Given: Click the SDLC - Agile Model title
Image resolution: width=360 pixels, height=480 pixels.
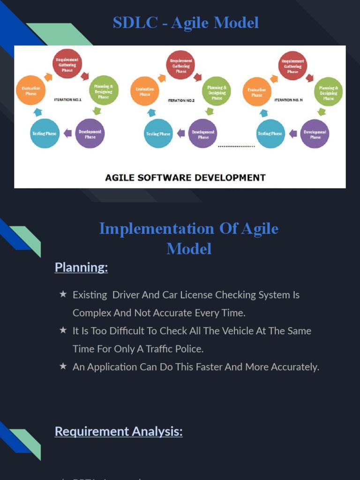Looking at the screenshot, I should (186, 22).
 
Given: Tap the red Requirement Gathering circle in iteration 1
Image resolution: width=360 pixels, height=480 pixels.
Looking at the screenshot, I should (67, 64).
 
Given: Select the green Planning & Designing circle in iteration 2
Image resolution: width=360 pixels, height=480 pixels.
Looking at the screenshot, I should (217, 91).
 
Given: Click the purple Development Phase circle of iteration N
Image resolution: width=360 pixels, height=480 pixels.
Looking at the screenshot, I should (315, 134).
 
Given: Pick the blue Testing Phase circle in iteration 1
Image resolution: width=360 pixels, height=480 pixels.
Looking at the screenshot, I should (45, 134).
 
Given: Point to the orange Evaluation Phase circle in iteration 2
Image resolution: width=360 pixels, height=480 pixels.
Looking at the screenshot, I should (145, 91).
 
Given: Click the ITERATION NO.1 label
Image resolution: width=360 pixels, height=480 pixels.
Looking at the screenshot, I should (68, 100).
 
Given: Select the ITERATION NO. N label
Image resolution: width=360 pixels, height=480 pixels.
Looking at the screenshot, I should (289, 100).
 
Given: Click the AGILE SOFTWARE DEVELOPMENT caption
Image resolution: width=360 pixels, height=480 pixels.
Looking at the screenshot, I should (185, 178).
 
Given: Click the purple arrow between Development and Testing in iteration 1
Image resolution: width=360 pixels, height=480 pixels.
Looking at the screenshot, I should (67, 133).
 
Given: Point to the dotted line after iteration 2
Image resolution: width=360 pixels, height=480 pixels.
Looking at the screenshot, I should (237, 147).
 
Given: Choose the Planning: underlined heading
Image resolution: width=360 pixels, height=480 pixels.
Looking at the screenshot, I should (81, 267).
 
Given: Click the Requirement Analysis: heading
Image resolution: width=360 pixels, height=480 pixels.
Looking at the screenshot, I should (119, 431).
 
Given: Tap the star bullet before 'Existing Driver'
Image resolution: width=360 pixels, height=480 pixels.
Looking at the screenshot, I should (63, 294).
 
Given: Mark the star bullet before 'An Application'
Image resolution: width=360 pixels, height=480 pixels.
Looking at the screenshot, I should (63, 367).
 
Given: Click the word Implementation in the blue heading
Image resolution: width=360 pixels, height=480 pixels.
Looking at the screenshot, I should (157, 229).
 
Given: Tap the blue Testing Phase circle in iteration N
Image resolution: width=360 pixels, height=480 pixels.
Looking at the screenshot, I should (270, 134).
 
